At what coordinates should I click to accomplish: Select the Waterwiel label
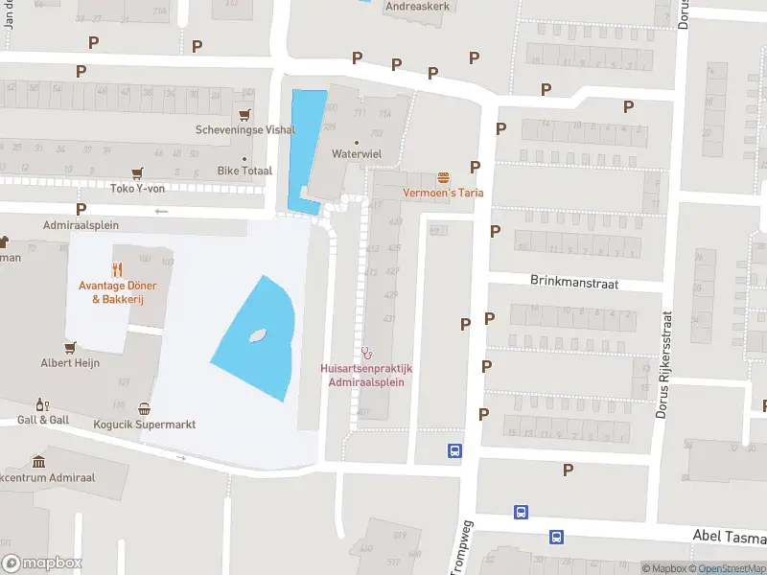tap(356, 153)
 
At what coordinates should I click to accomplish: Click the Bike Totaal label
tap(244, 171)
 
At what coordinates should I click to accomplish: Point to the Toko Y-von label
tap(139, 188)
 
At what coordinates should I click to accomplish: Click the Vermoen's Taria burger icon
tap(443, 178)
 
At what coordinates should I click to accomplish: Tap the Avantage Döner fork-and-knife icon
tap(117, 269)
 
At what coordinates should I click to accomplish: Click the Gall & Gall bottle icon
tap(41, 405)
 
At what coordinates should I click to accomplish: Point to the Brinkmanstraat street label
tap(573, 283)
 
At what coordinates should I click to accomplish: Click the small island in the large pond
tap(256, 336)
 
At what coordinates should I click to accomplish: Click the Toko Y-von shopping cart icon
tap(139, 172)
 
